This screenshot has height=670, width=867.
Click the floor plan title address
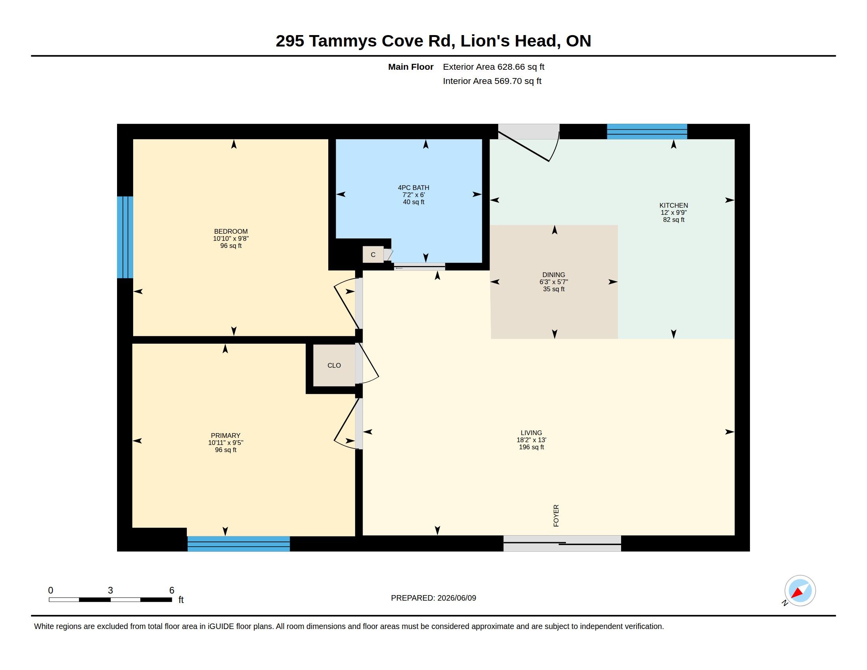(x=433, y=41)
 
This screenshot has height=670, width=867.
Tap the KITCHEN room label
(x=674, y=205)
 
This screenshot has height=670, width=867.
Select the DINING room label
(x=554, y=275)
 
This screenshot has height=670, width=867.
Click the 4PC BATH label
(x=414, y=188)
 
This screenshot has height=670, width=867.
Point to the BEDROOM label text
(x=231, y=231)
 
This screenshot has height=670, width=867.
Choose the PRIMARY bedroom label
(x=225, y=435)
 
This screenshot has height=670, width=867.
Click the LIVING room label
(x=531, y=433)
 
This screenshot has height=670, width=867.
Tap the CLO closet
(x=334, y=365)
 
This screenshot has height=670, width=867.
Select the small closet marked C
(x=373, y=255)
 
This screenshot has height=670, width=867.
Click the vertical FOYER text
(x=556, y=516)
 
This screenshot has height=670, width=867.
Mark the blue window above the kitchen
(x=647, y=131)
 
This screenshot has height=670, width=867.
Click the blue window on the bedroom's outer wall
(x=125, y=237)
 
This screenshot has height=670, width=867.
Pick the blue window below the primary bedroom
(x=238, y=544)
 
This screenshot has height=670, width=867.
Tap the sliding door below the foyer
(x=562, y=543)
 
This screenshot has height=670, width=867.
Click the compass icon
(x=800, y=591)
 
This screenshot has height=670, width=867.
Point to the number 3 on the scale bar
(x=110, y=590)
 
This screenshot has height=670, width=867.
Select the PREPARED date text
(x=433, y=598)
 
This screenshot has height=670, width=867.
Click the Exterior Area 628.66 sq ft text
(x=493, y=67)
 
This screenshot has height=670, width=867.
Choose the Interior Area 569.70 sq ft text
(x=492, y=81)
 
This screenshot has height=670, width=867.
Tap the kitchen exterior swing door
(x=529, y=143)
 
